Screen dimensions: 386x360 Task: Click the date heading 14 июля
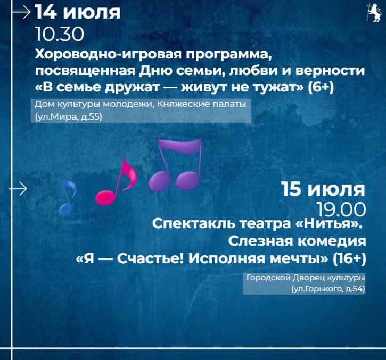coord(78,12)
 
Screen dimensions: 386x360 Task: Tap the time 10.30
coord(60,34)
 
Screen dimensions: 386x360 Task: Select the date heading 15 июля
coord(323,189)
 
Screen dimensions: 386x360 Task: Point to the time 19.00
coord(341,210)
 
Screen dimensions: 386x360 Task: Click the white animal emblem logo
coord(373,13)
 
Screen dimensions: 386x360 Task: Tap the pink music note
coord(116,182)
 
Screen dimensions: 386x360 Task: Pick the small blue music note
coord(68,197)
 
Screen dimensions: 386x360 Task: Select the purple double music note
coord(176,165)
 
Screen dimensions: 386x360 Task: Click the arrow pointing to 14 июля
coord(21,13)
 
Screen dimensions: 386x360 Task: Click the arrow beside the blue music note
coord(18,189)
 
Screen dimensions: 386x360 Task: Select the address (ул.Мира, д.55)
coord(68,117)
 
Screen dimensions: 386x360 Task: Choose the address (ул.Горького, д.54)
coord(328,289)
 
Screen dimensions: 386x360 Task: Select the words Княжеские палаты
coord(202,104)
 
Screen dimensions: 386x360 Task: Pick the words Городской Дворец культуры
coord(306,278)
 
